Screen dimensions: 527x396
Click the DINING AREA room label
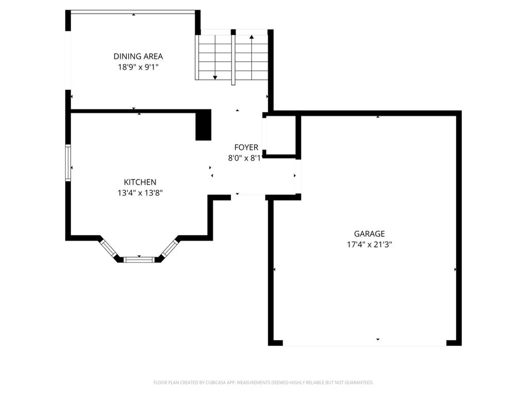[138, 56]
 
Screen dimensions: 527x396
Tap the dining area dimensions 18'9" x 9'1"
[138, 67]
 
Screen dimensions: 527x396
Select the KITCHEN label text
[140, 182]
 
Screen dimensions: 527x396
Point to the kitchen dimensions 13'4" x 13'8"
[140, 193]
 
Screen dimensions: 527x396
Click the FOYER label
[247, 147]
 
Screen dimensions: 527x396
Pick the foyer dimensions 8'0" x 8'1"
[244, 158]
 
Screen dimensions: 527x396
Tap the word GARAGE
[370, 234]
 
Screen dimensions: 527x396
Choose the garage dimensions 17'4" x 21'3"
[370, 244]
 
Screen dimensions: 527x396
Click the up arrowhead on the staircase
[251, 37]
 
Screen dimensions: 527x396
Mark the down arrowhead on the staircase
[215, 78]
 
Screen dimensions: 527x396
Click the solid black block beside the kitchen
[203, 125]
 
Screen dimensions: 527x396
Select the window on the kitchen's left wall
[68, 163]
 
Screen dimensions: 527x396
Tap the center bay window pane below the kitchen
[139, 260]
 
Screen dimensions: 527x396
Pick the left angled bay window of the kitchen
[109, 248]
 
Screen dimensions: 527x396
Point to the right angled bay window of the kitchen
[169, 248]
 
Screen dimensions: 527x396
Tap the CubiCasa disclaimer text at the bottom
[263, 383]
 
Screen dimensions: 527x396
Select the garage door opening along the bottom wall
[365, 343]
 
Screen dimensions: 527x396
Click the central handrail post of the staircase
[233, 57]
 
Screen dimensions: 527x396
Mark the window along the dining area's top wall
[133, 12]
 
